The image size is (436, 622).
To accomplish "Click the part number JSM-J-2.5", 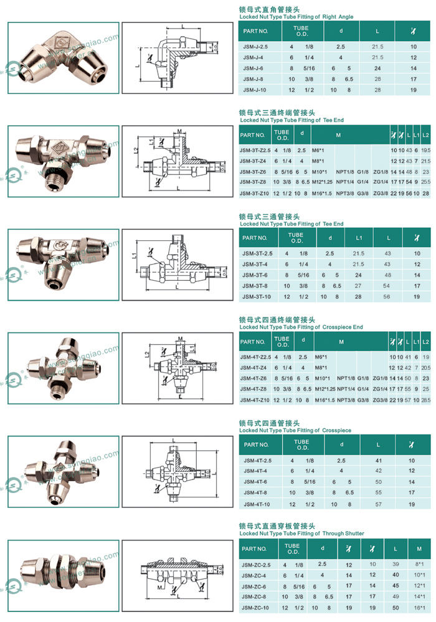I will click(255, 47).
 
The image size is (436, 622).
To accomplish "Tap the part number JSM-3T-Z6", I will click(256, 171).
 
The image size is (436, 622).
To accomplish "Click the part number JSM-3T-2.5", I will click(257, 253).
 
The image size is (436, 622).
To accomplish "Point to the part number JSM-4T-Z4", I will click(255, 368).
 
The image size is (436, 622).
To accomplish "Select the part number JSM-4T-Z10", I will click(256, 399).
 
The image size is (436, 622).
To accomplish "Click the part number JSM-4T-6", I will click(255, 481).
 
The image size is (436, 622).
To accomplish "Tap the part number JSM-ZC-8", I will click(255, 596).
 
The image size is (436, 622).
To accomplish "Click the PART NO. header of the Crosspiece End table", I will click(255, 342).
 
